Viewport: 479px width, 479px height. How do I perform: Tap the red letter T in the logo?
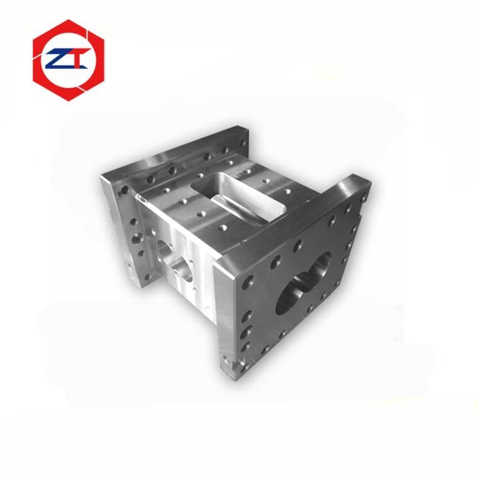(x=80, y=58)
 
